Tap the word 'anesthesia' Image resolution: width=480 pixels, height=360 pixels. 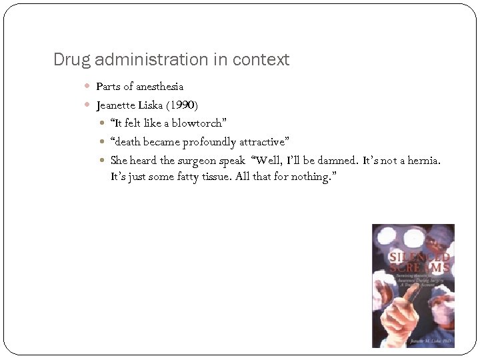pos(160,87)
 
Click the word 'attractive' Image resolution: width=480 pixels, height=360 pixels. pos(265,142)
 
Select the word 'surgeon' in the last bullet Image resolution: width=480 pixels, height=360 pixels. pos(198,161)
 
